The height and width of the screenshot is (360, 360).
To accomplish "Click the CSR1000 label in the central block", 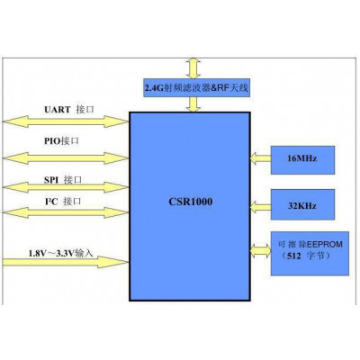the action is coord(191,202).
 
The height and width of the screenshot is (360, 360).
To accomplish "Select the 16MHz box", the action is coord(302,160).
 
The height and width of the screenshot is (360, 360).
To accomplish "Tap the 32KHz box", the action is coord(302,204).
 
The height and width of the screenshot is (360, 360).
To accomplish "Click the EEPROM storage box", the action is coord(310,254).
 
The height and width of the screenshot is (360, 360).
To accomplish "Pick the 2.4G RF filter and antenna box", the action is coord(197,87).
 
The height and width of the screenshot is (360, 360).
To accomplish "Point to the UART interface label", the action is coord(69,110).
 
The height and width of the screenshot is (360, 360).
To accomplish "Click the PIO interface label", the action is coord(61,140).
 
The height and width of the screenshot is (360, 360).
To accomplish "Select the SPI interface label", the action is coord(63,180).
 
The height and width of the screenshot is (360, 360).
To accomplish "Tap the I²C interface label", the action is coord(63,202).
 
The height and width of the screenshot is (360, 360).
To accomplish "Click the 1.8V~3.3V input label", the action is coord(61,253).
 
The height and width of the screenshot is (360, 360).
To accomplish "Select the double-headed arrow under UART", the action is coord(66,121).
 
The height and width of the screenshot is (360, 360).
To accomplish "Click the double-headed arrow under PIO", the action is coord(66,158).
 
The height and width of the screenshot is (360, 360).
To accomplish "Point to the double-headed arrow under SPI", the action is coord(66,187).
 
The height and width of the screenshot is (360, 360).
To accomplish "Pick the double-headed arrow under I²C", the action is coord(66,212).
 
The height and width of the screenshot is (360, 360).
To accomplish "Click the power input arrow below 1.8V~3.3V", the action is coord(66,262).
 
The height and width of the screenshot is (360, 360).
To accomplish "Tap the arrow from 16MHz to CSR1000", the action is coord(260,158).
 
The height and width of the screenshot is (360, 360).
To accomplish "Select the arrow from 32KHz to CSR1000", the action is coord(260,207).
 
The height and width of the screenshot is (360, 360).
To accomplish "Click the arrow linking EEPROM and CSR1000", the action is coord(260,251).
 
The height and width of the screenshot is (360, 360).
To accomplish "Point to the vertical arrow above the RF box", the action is coord(193,68).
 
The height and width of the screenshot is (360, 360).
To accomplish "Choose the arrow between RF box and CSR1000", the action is coord(193,104).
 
